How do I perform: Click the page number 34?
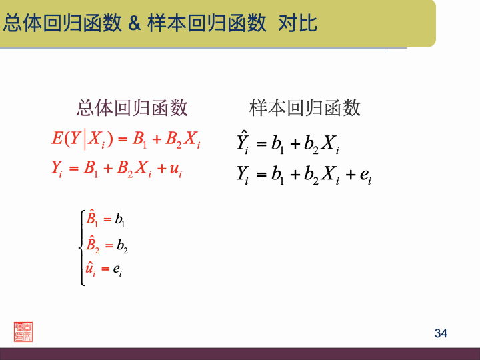click(x=441, y=333)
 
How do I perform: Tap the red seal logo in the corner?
click(x=23, y=331)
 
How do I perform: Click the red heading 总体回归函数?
click(x=132, y=107)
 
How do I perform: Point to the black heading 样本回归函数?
click(x=305, y=107)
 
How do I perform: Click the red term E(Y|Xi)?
click(x=79, y=139)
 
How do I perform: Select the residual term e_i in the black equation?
click(x=365, y=175)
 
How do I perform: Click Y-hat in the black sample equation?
click(x=243, y=142)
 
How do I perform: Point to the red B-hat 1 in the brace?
click(x=92, y=219)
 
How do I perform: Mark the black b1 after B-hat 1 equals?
click(x=120, y=219)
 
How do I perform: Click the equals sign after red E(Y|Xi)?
click(x=122, y=139)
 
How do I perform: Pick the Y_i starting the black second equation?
click(x=243, y=175)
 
